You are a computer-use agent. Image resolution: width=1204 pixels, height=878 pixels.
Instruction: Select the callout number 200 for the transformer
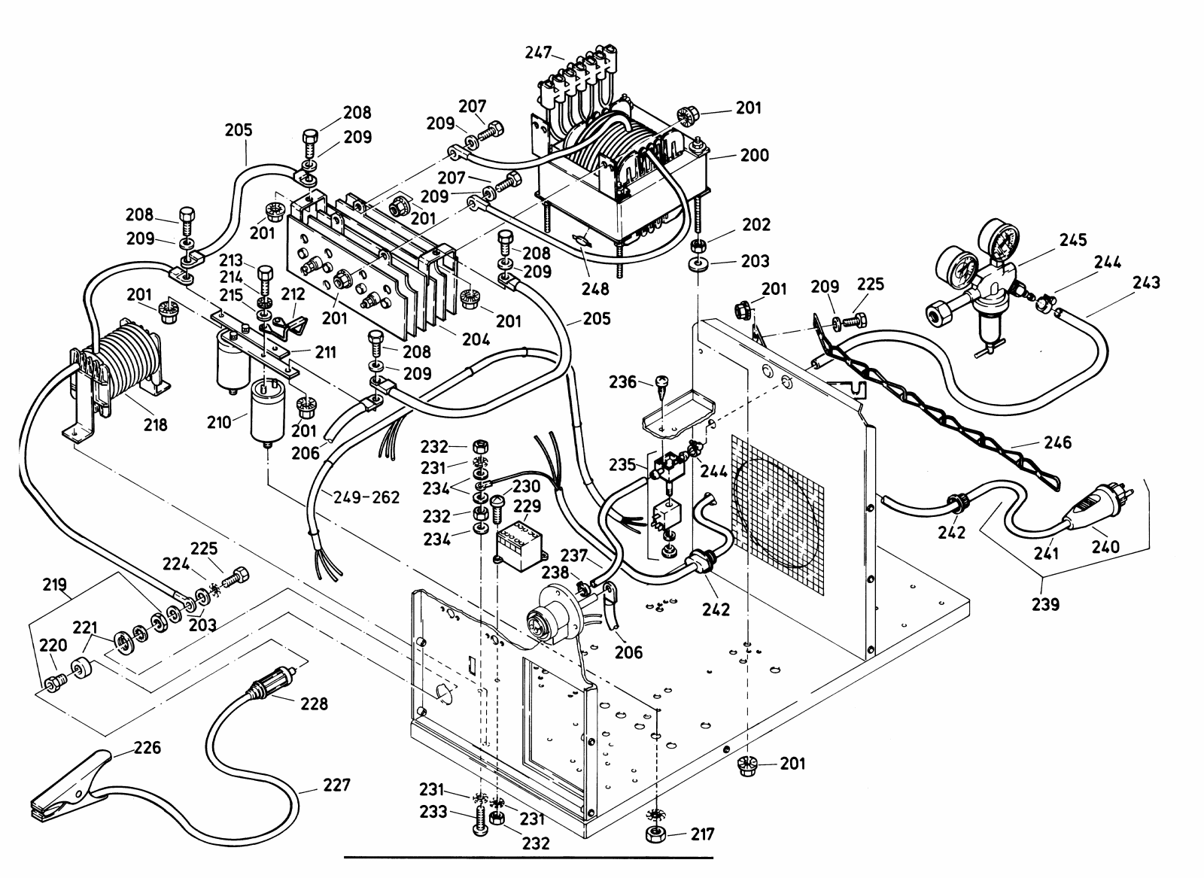753,155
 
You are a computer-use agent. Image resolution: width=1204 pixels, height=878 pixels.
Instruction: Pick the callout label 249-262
366,497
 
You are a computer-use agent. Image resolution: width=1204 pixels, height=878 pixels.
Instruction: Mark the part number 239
1044,603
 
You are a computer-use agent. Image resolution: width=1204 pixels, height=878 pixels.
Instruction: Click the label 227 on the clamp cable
336,785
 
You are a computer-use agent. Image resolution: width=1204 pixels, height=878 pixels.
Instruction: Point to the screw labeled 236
661,384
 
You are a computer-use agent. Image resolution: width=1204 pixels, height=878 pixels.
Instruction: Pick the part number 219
54,584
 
